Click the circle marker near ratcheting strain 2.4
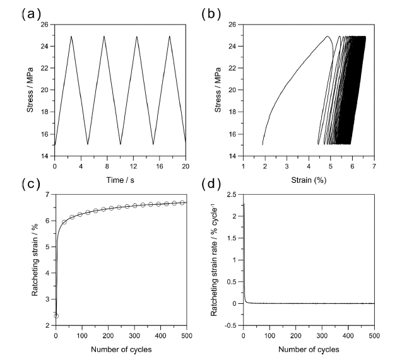[56, 316]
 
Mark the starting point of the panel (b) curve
[263, 145]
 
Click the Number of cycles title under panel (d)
[309, 349]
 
